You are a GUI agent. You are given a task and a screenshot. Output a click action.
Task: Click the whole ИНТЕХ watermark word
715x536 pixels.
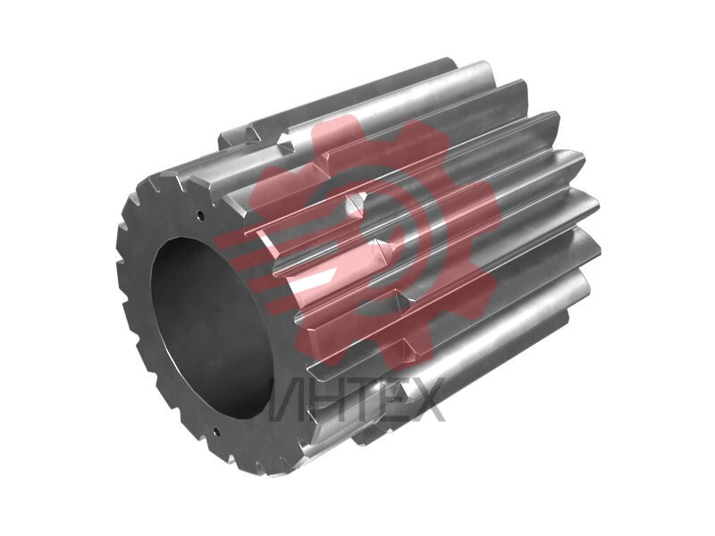click(x=356, y=399)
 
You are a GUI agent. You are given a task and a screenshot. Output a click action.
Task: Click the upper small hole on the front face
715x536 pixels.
click(x=199, y=213)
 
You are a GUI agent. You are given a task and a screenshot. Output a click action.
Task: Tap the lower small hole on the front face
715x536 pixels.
click(x=215, y=431)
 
